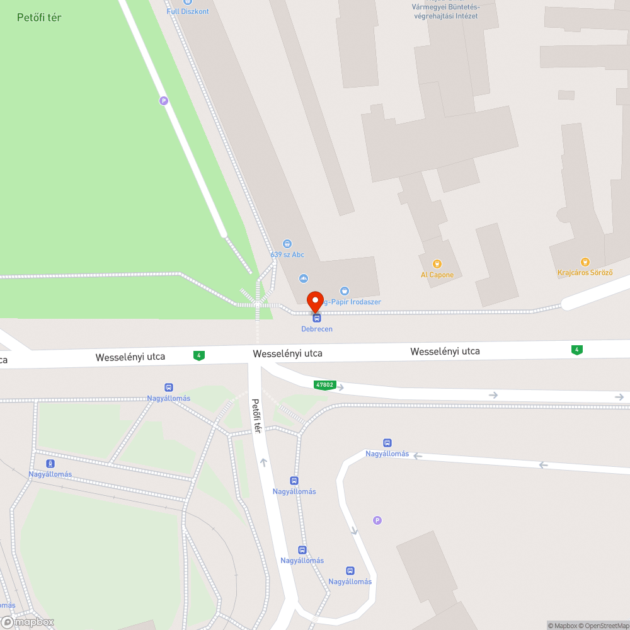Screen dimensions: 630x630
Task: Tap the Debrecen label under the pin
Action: (x=316, y=329)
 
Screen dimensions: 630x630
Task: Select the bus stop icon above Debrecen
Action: (x=316, y=318)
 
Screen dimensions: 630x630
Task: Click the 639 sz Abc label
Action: (x=287, y=255)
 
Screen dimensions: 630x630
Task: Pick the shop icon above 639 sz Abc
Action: (x=287, y=244)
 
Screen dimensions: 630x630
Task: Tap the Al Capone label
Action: (x=437, y=275)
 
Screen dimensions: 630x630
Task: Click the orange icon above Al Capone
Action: (x=437, y=263)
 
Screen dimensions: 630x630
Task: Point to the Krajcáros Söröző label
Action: (x=585, y=273)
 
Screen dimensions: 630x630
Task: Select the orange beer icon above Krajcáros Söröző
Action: (x=585, y=261)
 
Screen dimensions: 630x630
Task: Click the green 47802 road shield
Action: (x=324, y=384)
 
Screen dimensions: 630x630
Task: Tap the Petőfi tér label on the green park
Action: (x=39, y=18)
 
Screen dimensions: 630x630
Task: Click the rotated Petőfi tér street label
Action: (x=256, y=415)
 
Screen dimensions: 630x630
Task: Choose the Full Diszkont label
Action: (x=188, y=11)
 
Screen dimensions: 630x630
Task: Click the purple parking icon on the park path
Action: (x=164, y=100)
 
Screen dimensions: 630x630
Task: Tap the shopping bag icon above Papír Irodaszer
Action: (x=344, y=290)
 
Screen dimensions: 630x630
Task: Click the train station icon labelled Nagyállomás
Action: (x=50, y=464)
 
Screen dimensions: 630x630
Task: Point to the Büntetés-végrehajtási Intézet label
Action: (x=445, y=11)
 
